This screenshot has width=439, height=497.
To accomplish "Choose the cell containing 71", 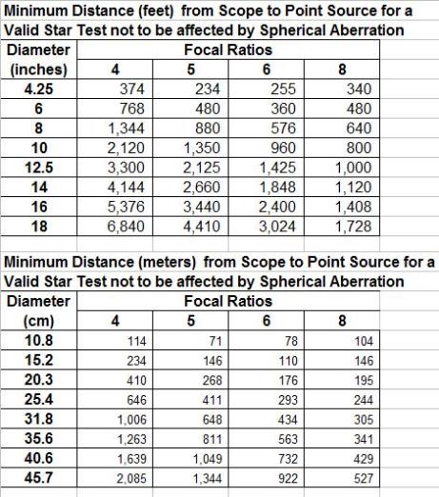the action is click(x=221, y=341).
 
